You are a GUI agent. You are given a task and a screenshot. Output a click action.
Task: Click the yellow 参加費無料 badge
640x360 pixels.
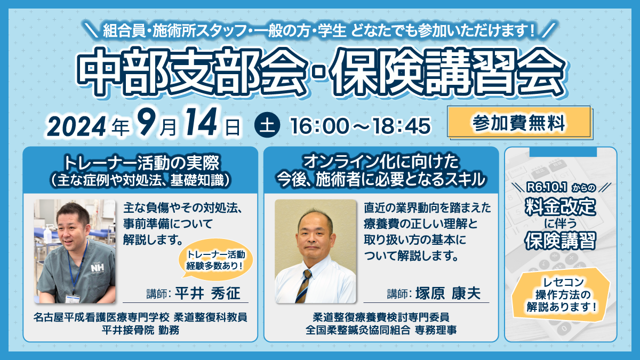pos(519,123)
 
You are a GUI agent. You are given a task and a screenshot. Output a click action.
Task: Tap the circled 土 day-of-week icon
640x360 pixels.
pos(267,125)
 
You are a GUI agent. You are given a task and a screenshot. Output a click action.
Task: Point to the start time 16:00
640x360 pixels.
pos(319,126)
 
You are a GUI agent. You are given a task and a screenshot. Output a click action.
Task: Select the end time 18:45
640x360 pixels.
pos(402,126)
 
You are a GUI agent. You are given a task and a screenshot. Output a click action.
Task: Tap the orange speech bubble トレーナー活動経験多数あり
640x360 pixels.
pos(215,259)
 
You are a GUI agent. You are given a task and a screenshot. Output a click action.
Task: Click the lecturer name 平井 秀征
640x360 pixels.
pos(207,293)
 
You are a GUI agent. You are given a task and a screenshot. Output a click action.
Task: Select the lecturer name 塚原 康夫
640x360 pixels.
pos(448,293)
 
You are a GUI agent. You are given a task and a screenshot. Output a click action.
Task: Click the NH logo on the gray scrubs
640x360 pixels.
pos(98,268)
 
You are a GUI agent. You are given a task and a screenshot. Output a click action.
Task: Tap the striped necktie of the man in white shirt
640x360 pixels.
pos(303,286)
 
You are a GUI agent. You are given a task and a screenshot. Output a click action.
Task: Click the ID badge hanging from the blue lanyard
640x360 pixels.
pos(73,298)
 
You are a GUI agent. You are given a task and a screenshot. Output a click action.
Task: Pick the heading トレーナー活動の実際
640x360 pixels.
pos(141,163)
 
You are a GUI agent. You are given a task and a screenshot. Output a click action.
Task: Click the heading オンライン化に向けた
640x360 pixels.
pos(381,162)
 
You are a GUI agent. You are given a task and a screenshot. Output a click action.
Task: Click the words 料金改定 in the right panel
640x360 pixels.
pos(561,206)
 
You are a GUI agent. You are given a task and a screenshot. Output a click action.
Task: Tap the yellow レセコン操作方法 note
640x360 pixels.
pos(561,294)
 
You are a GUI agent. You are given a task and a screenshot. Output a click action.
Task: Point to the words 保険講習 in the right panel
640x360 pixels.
pos(561,241)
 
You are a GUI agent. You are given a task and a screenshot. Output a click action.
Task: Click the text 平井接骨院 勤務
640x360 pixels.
pos(141,330)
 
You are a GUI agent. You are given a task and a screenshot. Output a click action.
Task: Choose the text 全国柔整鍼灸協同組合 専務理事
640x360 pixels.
pos(381,330)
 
